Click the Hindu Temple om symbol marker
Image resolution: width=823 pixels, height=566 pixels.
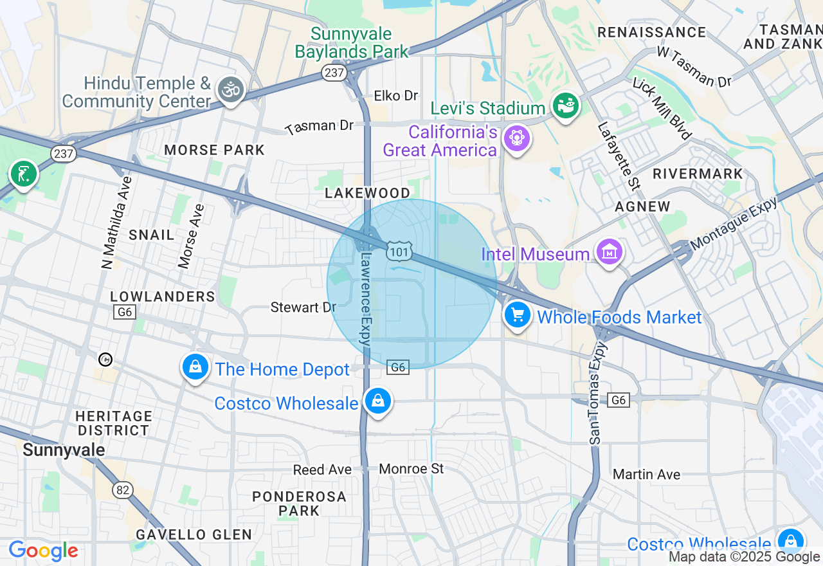(230, 89)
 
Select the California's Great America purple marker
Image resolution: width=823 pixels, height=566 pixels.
(516, 138)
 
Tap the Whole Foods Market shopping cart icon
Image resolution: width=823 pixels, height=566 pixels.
(517, 315)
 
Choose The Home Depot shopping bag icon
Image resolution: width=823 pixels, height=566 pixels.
(195, 367)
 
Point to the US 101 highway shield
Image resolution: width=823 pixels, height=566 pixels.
(399, 251)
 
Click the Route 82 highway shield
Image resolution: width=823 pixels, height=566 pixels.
(122, 489)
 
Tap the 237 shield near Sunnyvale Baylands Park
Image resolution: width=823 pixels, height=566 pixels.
(334, 73)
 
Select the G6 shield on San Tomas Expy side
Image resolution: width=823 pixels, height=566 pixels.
(618, 400)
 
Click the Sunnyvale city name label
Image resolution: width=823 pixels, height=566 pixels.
(64, 450)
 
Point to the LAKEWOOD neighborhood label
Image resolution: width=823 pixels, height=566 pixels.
(367, 193)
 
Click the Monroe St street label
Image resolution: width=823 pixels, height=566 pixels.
(411, 469)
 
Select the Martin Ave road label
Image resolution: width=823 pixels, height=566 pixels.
(646, 475)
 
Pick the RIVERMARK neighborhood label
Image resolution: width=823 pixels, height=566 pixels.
(698, 174)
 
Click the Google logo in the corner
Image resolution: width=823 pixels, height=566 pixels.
(43, 551)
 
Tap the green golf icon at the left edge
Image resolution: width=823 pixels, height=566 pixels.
(24, 174)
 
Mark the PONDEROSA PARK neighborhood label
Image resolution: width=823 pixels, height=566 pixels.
(299, 504)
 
